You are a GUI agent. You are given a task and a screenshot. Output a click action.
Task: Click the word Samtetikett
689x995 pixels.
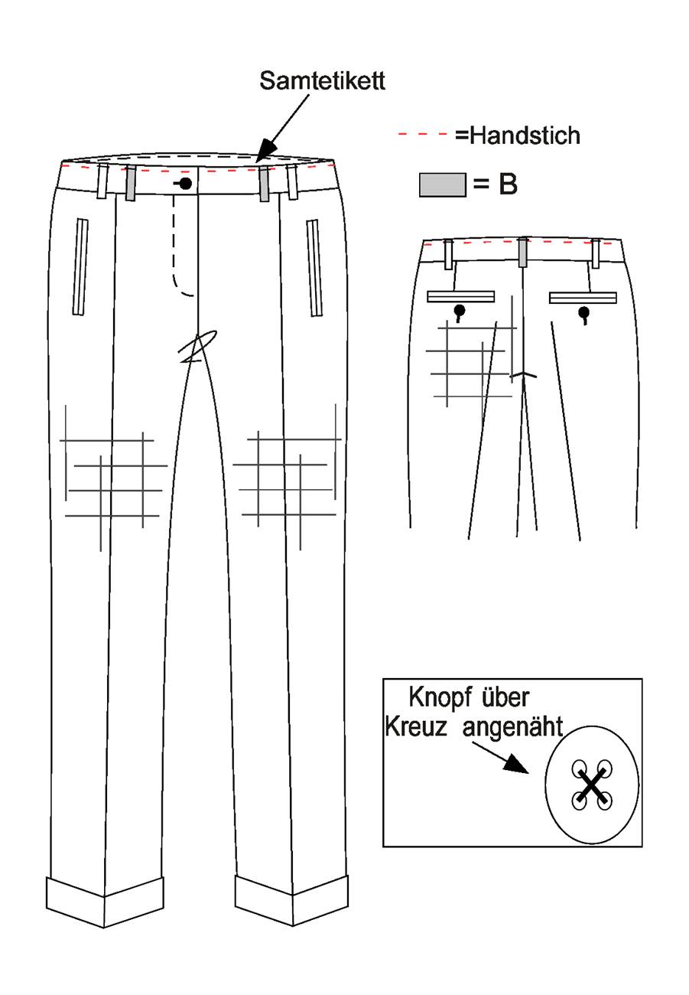pyautogui.click(x=322, y=81)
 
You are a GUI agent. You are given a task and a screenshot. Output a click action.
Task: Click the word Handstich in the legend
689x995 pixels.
pyautogui.click(x=525, y=135)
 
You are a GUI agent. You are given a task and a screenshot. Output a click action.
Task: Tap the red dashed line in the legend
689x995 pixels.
pyautogui.click(x=423, y=134)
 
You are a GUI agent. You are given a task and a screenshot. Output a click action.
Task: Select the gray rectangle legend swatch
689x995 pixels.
pyautogui.click(x=443, y=185)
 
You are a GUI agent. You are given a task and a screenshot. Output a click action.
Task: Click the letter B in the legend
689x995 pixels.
pyautogui.click(x=508, y=184)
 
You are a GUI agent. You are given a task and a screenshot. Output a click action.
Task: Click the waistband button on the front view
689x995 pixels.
pyautogui.click(x=186, y=183)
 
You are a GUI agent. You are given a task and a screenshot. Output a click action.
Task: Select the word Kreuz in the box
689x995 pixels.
pyautogui.click(x=415, y=727)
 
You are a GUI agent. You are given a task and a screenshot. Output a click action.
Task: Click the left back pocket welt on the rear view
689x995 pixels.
pyautogui.click(x=460, y=297)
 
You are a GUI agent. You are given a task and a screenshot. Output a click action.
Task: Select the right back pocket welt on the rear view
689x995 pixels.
pyautogui.click(x=583, y=298)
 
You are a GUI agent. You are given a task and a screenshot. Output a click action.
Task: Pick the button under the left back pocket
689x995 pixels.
pyautogui.click(x=460, y=311)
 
